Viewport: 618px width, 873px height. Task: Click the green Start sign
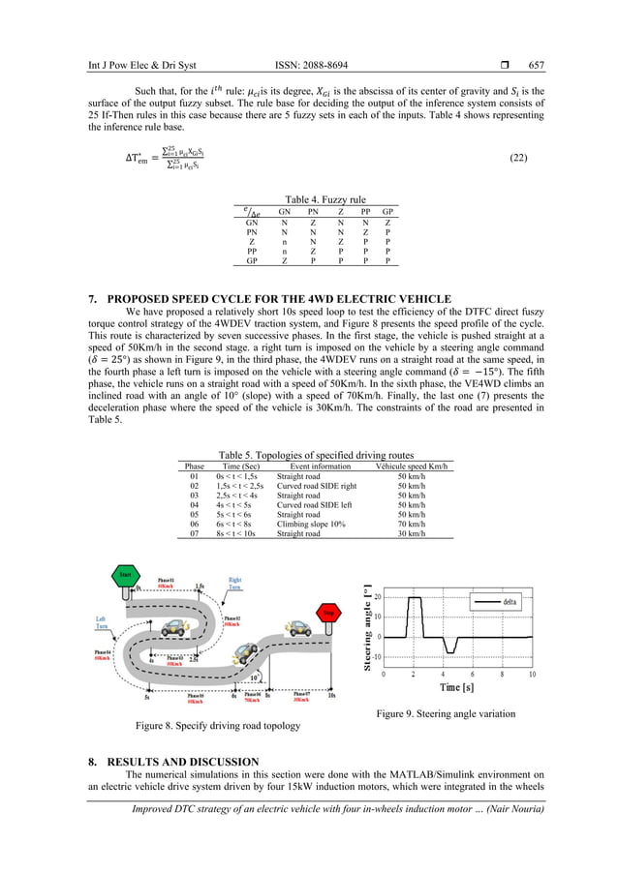click(x=124, y=574)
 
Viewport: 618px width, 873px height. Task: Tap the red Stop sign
click(x=327, y=613)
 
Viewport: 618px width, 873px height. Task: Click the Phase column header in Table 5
click(x=195, y=467)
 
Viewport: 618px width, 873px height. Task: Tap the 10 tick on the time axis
click(x=532, y=674)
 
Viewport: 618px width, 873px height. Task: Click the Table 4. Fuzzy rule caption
click(x=309, y=199)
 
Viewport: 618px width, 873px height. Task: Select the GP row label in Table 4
click(x=252, y=260)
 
